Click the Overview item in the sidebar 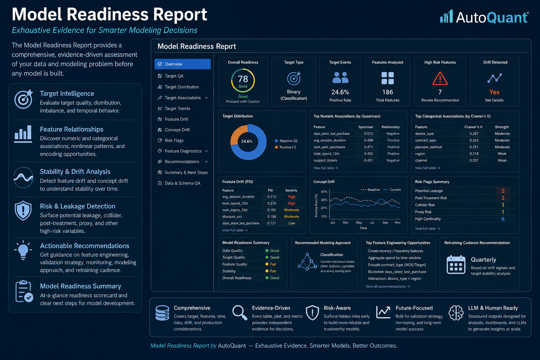click(182, 64)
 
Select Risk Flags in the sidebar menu click(174, 140)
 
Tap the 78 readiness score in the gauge click(243, 79)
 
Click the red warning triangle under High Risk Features click(440, 78)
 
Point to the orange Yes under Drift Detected click(494, 92)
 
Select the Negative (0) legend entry click(286, 141)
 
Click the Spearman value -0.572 click(368, 134)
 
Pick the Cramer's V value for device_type click(474, 134)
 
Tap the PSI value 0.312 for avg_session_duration click(271, 197)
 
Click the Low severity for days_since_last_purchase click(292, 223)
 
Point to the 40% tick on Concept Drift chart click(324, 192)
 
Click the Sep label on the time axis click(385, 223)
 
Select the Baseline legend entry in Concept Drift click(370, 190)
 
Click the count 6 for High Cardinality click(503, 219)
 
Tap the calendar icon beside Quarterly click(456, 264)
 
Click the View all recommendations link click(388, 287)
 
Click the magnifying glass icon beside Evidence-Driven click(240, 313)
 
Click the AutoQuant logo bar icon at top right click(446, 16)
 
